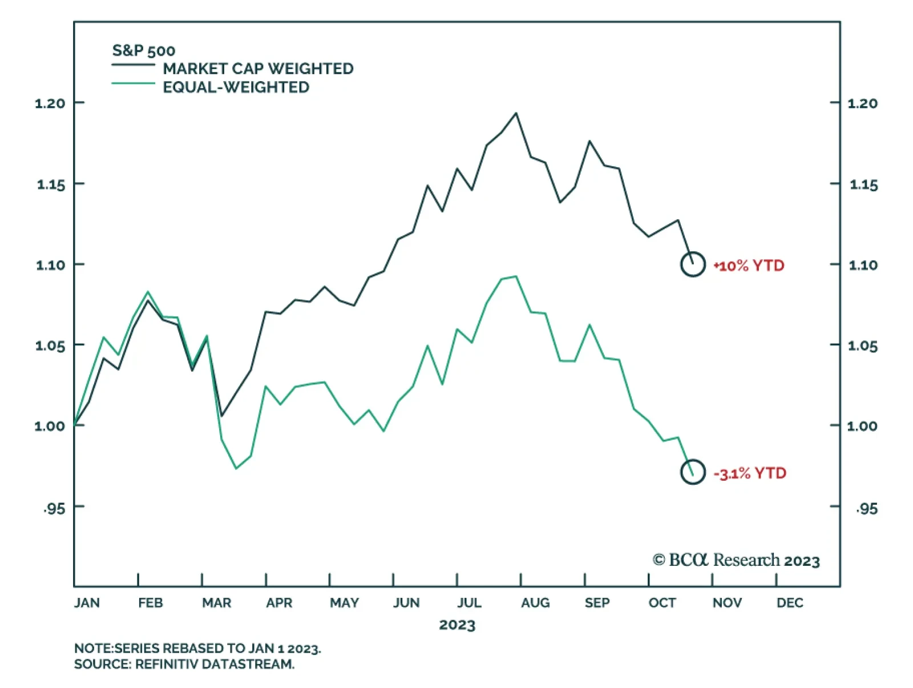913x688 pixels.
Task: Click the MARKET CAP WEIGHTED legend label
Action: (x=258, y=69)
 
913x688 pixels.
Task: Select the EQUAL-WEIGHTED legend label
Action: (x=236, y=87)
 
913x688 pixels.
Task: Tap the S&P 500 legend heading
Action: (x=143, y=51)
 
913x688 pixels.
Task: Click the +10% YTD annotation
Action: (x=749, y=265)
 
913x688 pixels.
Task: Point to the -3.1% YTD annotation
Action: (x=750, y=473)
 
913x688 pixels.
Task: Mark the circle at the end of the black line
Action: (x=693, y=264)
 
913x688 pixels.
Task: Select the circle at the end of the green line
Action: (x=693, y=472)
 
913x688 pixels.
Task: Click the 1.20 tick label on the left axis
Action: (x=50, y=103)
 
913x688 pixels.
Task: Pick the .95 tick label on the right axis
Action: (x=866, y=508)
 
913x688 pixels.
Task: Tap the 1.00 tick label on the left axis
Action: (x=50, y=426)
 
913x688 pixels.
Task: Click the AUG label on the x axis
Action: (x=535, y=603)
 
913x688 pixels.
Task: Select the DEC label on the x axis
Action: (x=790, y=603)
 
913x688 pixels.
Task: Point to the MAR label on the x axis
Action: (x=217, y=603)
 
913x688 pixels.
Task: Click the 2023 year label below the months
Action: (x=457, y=625)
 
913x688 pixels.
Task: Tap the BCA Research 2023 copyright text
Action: (x=736, y=560)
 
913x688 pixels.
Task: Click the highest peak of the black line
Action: (x=516, y=113)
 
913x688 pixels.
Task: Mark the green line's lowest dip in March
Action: (x=236, y=469)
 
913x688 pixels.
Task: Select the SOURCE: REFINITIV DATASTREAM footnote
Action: (x=184, y=664)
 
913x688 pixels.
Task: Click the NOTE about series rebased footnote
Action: (x=197, y=649)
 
